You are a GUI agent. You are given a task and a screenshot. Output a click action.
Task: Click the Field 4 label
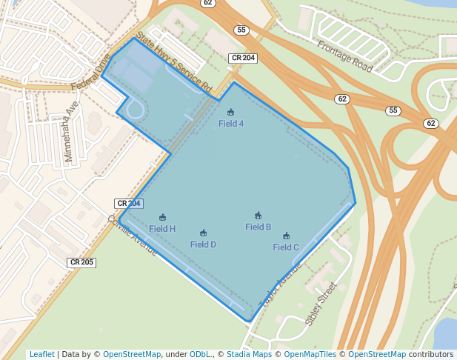[231, 124]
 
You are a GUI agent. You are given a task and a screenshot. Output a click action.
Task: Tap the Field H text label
[162, 229]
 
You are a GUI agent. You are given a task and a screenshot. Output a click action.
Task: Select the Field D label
[203, 244]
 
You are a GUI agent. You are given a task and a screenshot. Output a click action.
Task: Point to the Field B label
[258, 227]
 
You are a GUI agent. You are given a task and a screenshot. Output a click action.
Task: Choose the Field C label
[286, 247]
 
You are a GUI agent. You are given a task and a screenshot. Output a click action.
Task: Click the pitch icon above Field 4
[230, 113]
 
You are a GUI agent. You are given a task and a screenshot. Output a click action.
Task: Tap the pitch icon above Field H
[163, 218]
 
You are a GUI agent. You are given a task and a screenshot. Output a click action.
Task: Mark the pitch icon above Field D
[203, 233]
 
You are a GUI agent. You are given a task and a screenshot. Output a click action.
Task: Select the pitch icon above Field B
[258, 216]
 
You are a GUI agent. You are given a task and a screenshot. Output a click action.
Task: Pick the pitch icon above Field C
[286, 236]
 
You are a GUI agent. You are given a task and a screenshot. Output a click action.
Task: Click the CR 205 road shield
[81, 262]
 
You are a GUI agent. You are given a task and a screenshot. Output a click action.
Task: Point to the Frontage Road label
[345, 56]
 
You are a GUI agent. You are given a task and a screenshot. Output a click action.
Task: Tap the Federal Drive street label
[90, 72]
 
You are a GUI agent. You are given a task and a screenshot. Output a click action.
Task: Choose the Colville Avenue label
[133, 236]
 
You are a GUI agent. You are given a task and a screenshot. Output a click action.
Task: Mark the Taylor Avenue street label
[281, 285]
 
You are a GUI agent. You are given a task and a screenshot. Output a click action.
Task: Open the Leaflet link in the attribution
[41, 354]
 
